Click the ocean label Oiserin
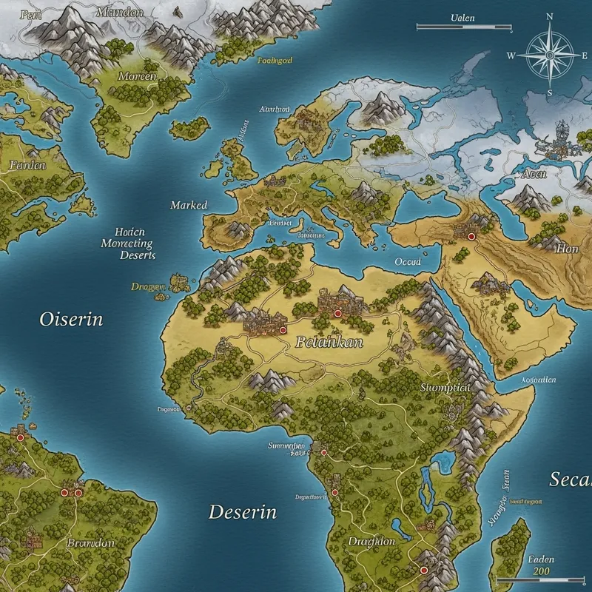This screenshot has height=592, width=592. click(x=71, y=320)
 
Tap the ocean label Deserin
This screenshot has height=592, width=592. click(x=242, y=511)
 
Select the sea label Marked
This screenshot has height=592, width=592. click(x=189, y=205)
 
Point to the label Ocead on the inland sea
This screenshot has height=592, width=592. click(x=408, y=262)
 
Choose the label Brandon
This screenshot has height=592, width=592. click(x=90, y=542)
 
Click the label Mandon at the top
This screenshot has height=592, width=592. click(x=120, y=13)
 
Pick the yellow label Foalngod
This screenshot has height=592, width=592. click(x=275, y=61)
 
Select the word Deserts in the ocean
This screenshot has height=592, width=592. click(x=138, y=255)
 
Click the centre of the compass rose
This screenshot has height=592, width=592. click(x=550, y=55)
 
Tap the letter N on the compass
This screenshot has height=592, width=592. click(x=550, y=16)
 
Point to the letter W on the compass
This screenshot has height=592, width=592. click(x=511, y=55)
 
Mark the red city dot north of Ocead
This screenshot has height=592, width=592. click(x=469, y=237)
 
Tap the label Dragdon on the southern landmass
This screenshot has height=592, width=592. click(x=371, y=542)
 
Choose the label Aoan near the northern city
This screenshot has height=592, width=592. click(x=534, y=174)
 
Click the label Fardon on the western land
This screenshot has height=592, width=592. click(x=27, y=166)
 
